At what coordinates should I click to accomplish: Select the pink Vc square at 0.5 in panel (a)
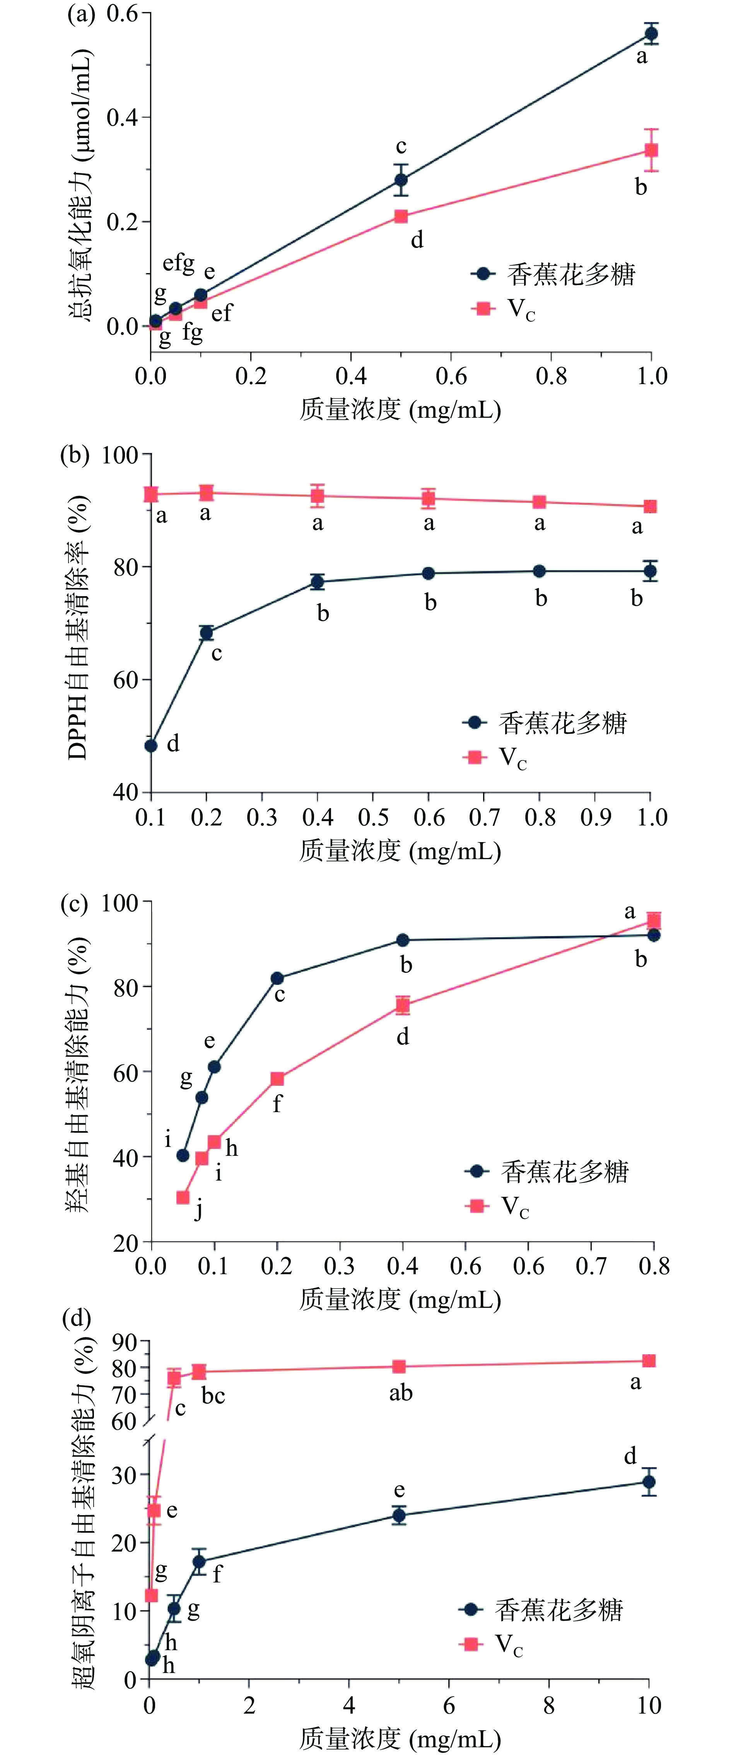click(401, 217)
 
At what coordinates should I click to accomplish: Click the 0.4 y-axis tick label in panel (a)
click(122, 117)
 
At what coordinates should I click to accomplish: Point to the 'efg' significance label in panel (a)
click(178, 263)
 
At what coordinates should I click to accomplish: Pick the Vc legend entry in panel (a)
click(504, 309)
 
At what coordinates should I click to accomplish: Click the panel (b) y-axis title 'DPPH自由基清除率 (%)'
click(79, 627)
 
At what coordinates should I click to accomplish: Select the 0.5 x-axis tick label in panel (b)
click(373, 818)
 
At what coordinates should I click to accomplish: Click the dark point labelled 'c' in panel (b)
click(207, 633)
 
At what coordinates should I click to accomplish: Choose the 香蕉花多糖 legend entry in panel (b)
click(545, 723)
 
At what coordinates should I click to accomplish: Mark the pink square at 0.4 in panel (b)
click(318, 495)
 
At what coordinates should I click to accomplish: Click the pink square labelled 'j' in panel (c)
click(183, 1198)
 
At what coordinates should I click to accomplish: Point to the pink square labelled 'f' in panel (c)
click(277, 1078)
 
